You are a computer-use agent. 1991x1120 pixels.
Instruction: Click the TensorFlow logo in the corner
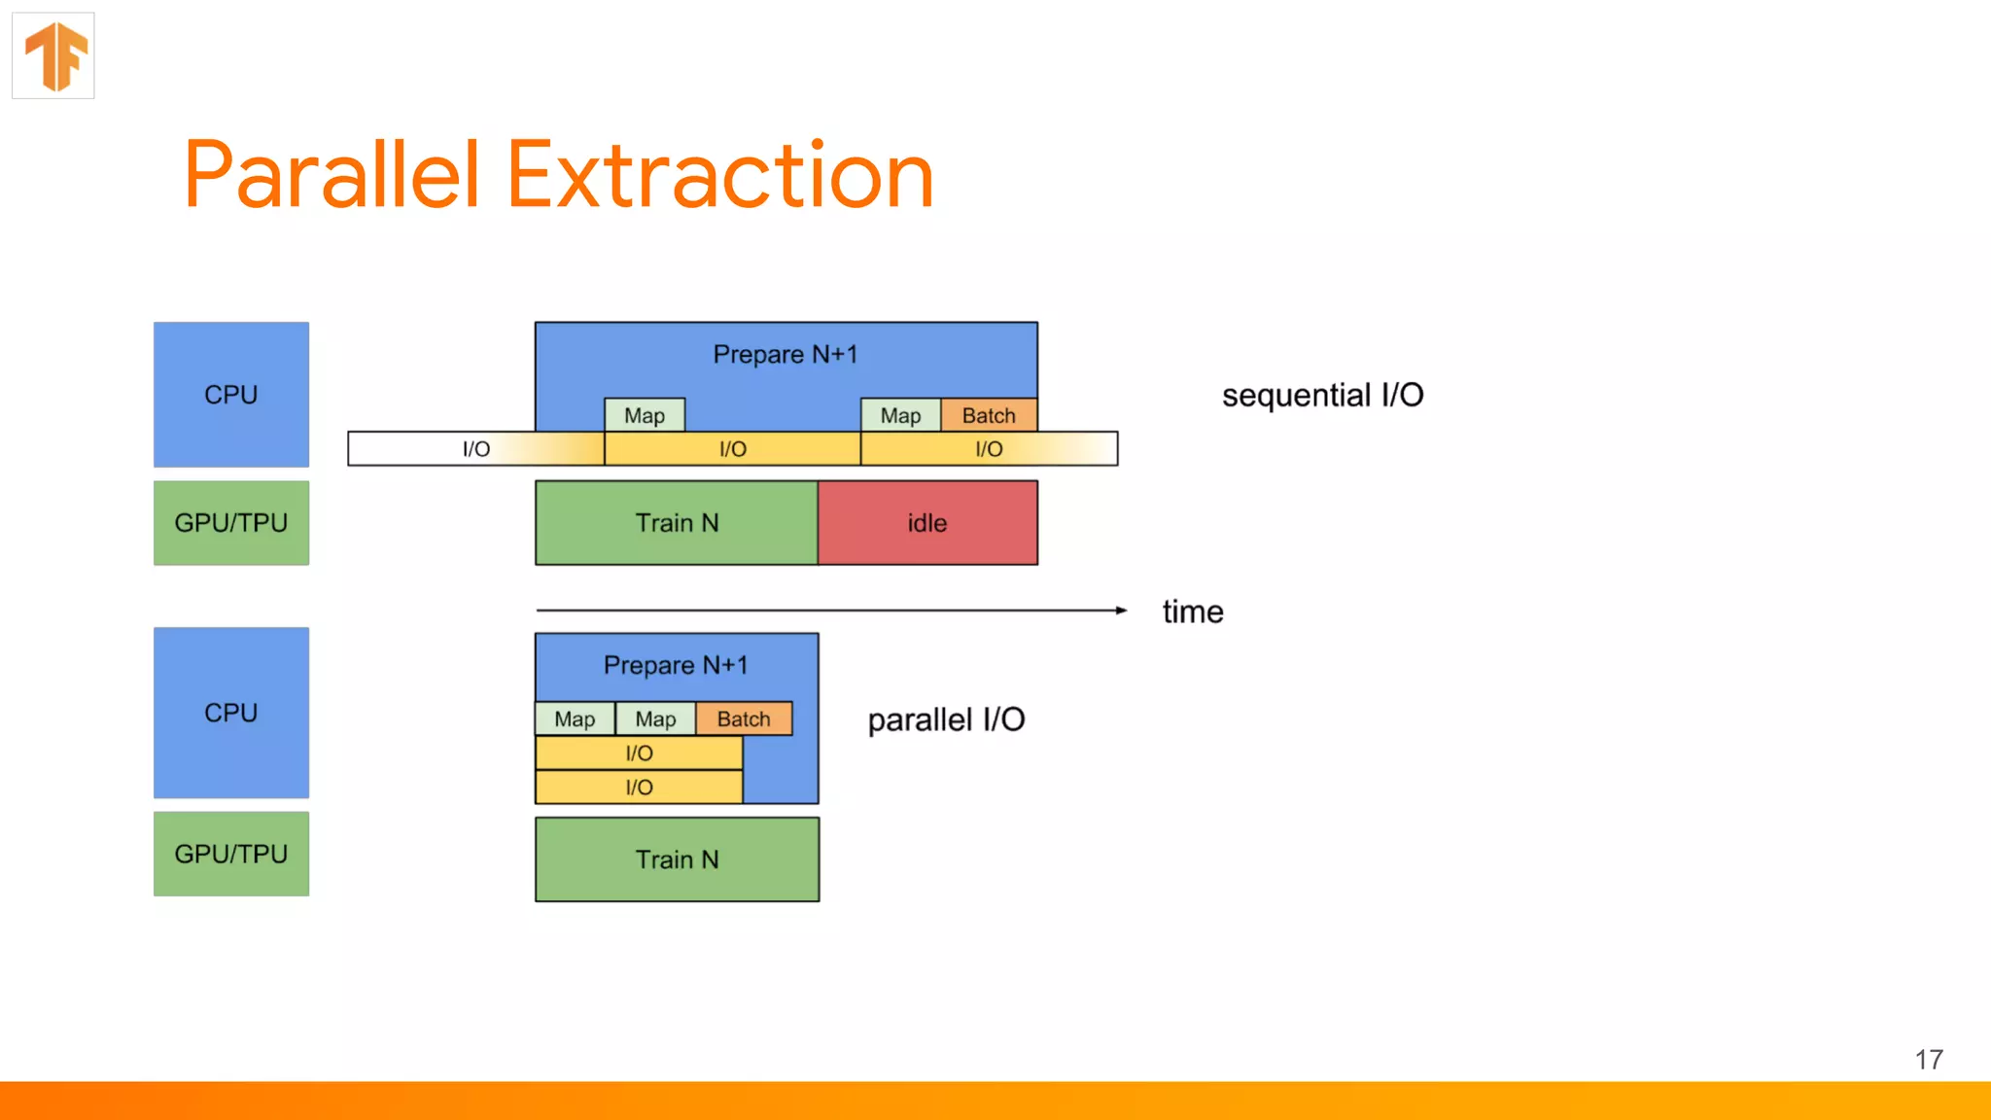point(54,55)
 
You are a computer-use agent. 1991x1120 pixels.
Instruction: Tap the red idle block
point(927,523)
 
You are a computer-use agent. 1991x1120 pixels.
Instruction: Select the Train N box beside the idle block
point(677,523)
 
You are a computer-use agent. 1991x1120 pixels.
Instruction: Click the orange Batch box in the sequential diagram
point(989,415)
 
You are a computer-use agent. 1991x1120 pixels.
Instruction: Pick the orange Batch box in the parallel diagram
point(744,718)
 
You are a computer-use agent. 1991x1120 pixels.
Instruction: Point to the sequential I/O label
point(1322,395)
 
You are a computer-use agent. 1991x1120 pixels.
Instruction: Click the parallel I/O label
point(946,719)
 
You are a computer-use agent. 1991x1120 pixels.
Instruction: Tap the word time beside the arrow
point(1193,612)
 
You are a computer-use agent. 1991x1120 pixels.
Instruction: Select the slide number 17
point(1929,1060)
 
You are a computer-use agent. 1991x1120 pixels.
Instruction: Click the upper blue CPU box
point(231,395)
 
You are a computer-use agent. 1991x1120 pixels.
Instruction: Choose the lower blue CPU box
point(231,713)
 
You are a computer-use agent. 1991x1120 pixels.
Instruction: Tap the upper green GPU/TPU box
point(231,523)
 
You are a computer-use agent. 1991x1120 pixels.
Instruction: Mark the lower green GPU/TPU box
point(231,854)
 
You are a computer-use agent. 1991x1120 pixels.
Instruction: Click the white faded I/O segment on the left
point(475,449)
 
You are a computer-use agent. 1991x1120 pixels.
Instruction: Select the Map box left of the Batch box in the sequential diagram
point(900,415)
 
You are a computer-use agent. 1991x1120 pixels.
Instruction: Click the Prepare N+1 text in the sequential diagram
point(786,354)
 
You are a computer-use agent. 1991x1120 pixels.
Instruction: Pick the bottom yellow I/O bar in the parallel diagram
point(639,787)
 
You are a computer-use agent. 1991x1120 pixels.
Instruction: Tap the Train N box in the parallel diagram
point(677,859)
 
